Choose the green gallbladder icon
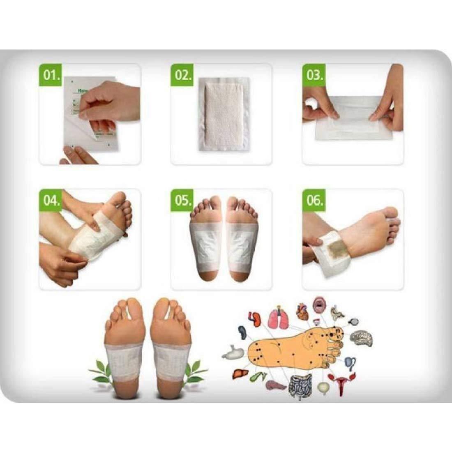pos(259,376)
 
